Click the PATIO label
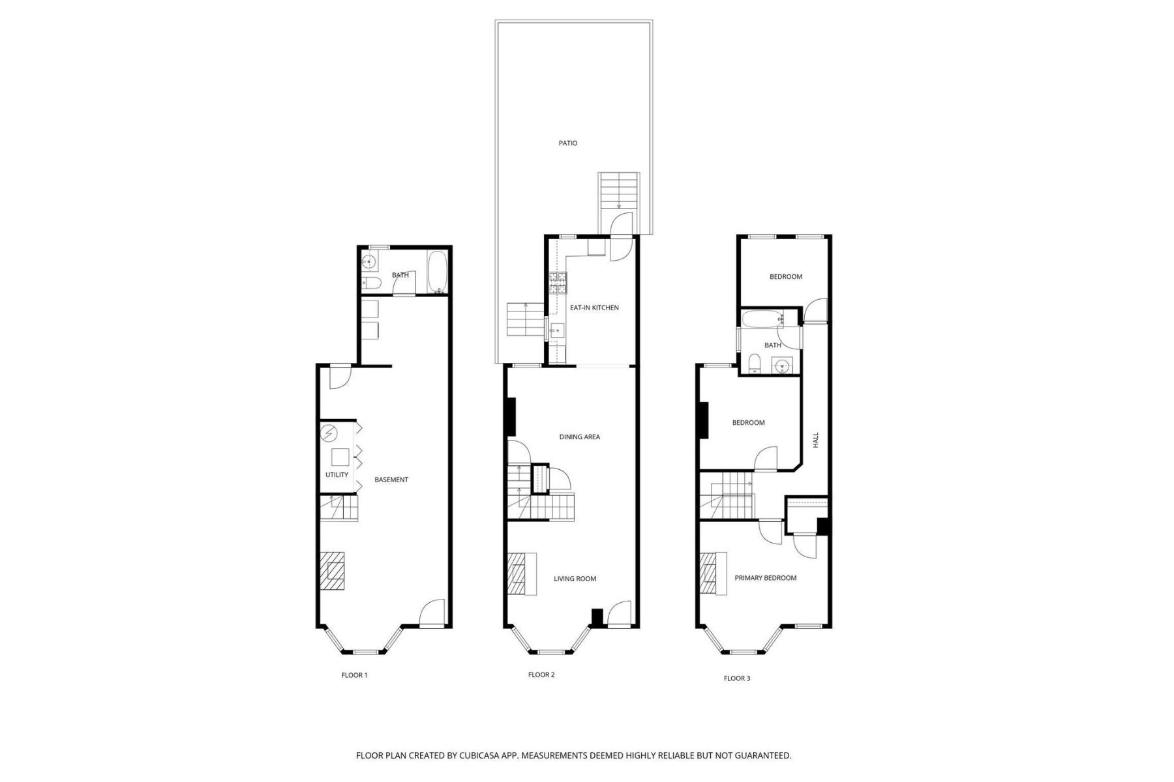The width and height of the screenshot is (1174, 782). click(x=567, y=143)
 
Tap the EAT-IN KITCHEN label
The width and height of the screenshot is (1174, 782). click(x=594, y=308)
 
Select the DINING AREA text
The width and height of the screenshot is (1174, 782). click(x=579, y=437)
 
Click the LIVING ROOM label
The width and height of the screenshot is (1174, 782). click(x=575, y=579)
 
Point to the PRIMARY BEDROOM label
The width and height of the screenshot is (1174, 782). click(x=765, y=578)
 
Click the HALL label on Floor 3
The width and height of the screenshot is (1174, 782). click(x=815, y=440)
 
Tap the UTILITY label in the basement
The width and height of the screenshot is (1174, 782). click(x=337, y=474)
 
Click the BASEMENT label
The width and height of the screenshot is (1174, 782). click(x=391, y=480)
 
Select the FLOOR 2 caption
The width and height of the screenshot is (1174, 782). click(x=541, y=674)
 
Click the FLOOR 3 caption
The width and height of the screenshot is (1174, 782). click(x=736, y=678)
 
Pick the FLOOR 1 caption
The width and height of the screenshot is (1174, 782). click(x=354, y=675)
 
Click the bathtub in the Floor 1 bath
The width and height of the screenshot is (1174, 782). click(x=436, y=272)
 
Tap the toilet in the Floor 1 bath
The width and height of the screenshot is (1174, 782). click(x=370, y=283)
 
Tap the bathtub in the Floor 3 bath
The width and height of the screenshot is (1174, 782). click(x=761, y=319)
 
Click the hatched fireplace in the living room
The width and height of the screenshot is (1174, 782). click(x=522, y=573)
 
